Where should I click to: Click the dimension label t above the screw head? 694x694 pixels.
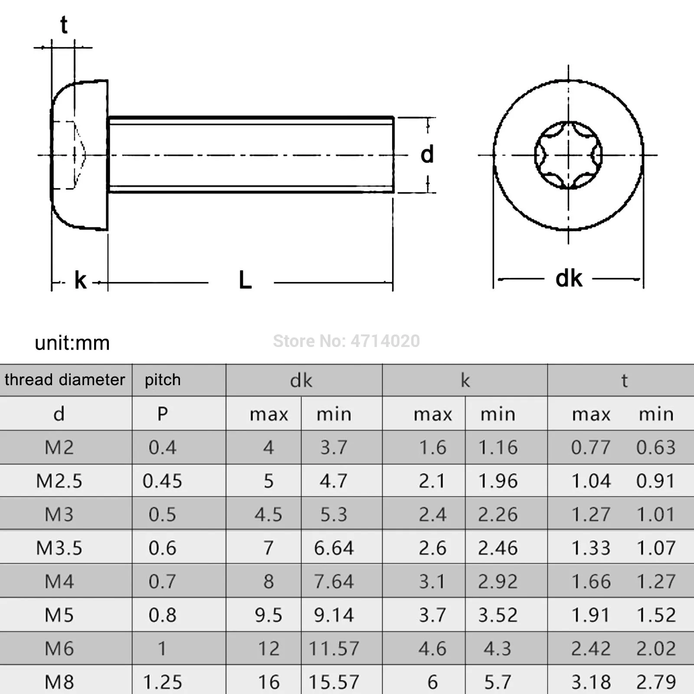click(x=64, y=25)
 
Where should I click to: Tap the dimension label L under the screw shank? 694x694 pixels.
click(x=245, y=280)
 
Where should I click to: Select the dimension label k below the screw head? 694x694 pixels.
click(x=80, y=280)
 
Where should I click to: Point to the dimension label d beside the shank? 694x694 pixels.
click(x=427, y=154)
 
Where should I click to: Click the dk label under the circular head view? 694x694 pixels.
click(x=569, y=278)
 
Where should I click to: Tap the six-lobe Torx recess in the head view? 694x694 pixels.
click(x=568, y=155)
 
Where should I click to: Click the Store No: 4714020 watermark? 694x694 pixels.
click(x=346, y=341)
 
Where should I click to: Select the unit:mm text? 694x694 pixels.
click(x=72, y=343)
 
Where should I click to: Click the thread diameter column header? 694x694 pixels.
click(x=65, y=380)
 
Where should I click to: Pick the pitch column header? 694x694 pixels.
click(x=163, y=380)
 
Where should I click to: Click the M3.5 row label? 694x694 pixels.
click(x=59, y=548)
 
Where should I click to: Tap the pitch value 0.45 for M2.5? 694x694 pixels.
click(x=162, y=481)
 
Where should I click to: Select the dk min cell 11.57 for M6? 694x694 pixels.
click(x=334, y=648)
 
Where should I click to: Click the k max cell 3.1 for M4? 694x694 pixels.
click(x=432, y=581)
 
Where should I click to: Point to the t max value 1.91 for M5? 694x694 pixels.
click(x=590, y=615)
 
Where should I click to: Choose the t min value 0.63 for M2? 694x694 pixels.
click(x=655, y=447)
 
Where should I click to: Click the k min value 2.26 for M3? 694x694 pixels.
click(x=498, y=514)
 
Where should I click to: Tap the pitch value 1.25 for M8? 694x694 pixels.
click(x=162, y=682)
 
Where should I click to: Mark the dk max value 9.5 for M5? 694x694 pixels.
click(x=268, y=615)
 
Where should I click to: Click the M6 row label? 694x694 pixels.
click(x=59, y=648)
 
